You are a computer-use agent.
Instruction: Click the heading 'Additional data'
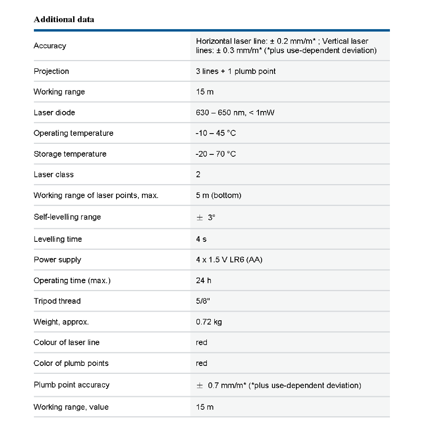point(64,19)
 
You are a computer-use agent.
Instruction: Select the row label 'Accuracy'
point(50,46)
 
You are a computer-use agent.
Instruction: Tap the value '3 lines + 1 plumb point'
point(236,71)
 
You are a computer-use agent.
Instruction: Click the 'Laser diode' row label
point(54,113)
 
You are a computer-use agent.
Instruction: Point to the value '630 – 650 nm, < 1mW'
point(235,113)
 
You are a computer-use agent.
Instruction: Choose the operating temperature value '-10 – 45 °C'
point(216,133)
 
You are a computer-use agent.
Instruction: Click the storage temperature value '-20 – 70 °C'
point(216,154)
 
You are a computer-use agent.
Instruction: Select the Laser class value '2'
point(198,175)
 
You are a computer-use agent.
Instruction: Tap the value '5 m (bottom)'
point(219,195)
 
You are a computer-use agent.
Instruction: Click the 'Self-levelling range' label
point(67,217)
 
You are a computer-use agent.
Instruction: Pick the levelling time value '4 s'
point(201,239)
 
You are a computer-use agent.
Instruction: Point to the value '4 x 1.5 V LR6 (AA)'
point(229,260)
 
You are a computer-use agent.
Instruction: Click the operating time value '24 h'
point(203,280)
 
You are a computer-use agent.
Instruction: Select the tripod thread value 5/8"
point(203,301)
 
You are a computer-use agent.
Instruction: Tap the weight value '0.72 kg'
point(209,322)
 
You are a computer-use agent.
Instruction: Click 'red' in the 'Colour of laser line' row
point(201,342)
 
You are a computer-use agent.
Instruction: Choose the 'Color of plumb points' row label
point(71,363)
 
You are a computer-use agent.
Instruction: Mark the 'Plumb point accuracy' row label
point(72,385)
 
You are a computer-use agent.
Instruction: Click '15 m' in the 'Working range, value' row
point(205,407)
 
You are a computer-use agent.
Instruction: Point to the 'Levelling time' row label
point(58,239)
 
